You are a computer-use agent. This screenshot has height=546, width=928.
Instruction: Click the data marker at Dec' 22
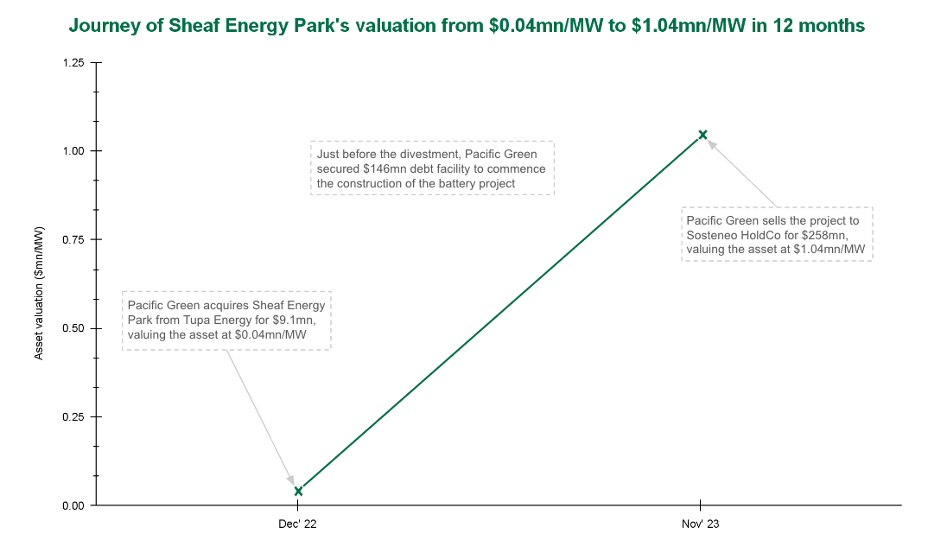[298, 491]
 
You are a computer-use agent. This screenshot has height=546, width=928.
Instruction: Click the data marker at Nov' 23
[702, 134]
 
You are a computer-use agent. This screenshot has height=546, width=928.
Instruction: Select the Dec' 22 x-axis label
[298, 524]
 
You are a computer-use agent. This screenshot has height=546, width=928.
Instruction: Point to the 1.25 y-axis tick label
[73, 63]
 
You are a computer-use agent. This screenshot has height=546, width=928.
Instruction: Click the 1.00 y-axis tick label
[73, 151]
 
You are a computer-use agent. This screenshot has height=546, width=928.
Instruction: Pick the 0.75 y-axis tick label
[73, 240]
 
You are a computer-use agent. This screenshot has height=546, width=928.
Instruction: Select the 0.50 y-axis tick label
[73, 328]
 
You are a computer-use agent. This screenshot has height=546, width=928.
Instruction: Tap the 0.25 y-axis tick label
[73, 417]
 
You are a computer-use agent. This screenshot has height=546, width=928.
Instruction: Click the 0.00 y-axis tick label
[73, 505]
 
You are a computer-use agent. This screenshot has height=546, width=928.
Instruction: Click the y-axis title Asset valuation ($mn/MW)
[39, 295]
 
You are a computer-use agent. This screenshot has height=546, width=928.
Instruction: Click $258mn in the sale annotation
[829, 236]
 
